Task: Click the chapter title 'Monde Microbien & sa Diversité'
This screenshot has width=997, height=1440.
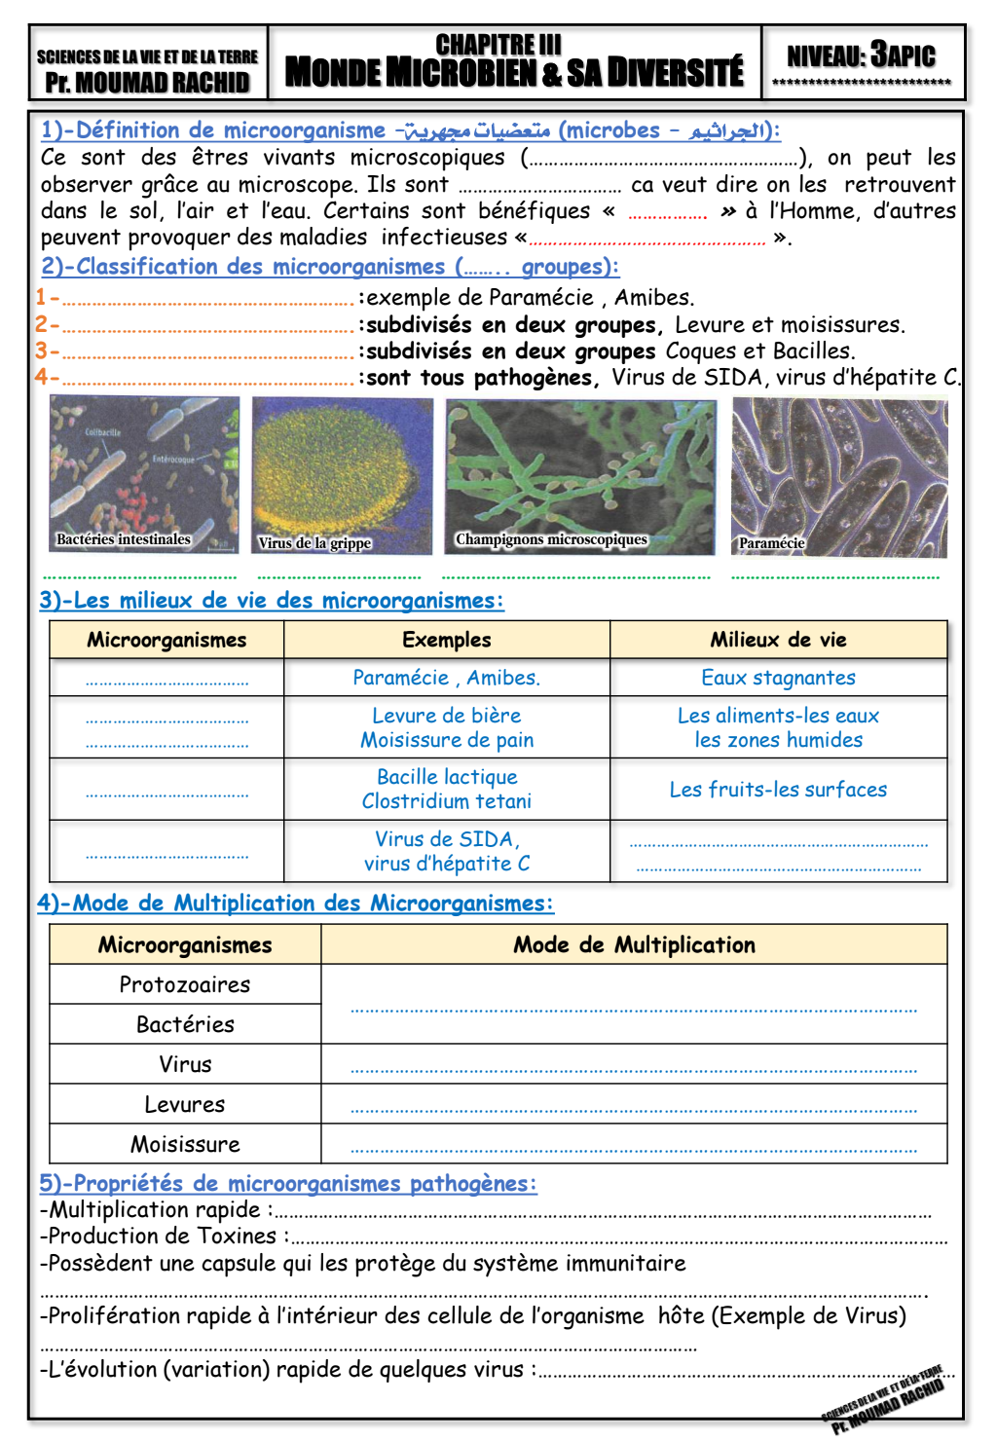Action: (514, 72)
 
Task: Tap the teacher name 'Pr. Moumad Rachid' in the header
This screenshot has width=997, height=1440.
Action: (148, 83)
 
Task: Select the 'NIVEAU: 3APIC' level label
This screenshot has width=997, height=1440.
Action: (862, 55)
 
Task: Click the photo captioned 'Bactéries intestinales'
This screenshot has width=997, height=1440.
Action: (144, 474)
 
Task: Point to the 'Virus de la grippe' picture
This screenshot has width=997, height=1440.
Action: (342, 475)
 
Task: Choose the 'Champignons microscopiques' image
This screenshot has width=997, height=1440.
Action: (580, 476)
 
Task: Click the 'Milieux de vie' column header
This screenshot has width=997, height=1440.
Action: (778, 640)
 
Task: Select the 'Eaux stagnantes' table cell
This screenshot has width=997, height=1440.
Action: (778, 678)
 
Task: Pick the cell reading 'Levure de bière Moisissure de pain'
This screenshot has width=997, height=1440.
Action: (447, 727)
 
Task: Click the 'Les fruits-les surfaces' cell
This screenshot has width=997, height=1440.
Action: (778, 789)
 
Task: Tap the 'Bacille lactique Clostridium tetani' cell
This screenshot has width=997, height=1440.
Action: (447, 789)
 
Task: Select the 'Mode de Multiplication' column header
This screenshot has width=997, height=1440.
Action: (634, 944)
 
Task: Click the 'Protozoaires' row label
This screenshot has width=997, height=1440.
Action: (185, 984)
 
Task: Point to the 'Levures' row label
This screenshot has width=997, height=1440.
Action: (185, 1104)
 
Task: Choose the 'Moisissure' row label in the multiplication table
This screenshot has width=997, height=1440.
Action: (185, 1144)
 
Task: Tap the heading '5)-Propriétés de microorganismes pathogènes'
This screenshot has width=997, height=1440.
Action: (288, 1183)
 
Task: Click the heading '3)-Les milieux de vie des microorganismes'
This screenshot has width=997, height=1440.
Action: (272, 601)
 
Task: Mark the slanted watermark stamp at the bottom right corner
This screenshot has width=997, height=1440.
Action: (884, 1399)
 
